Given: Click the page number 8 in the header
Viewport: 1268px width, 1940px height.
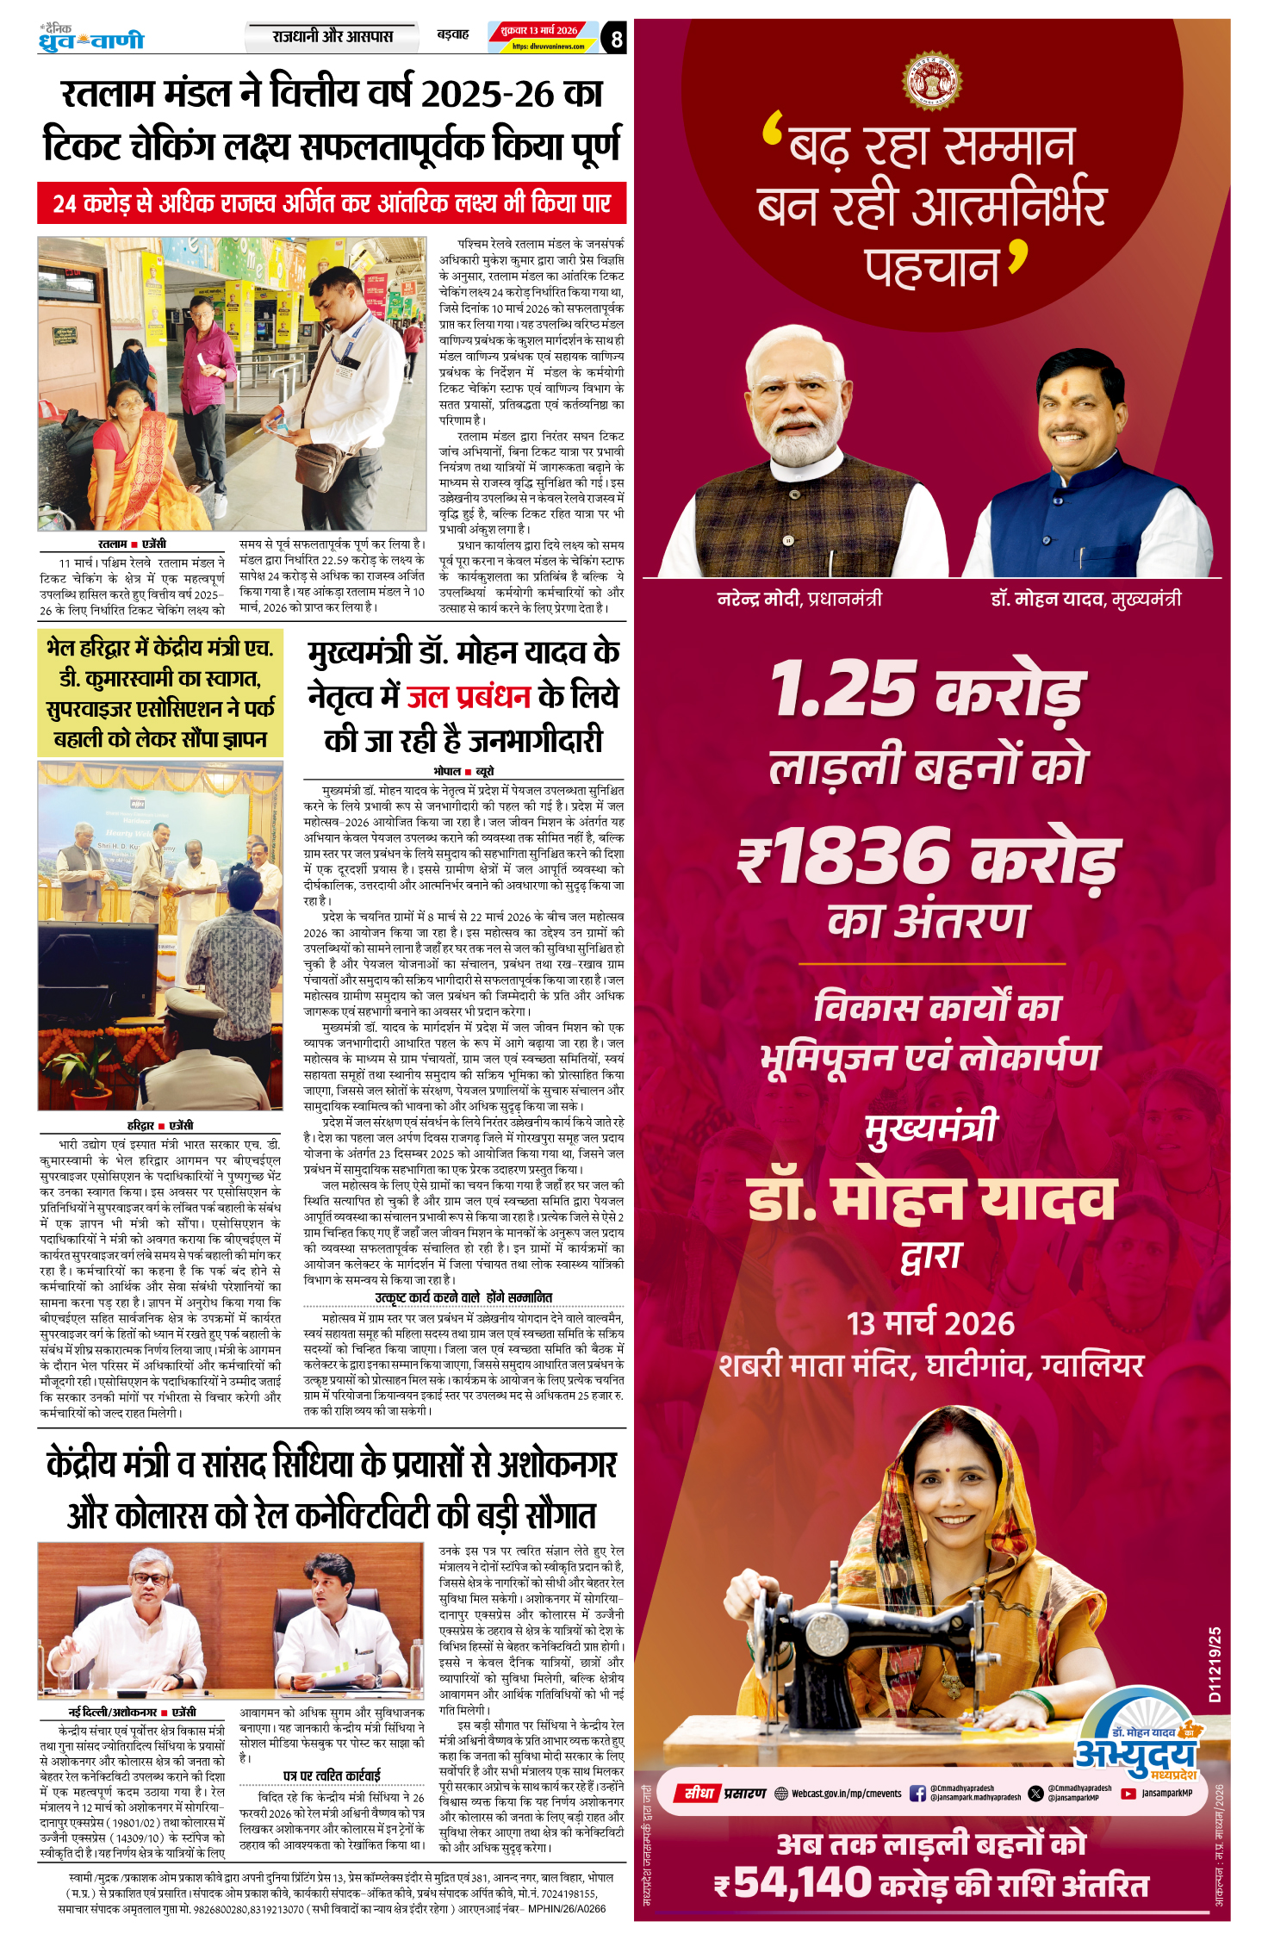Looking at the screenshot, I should pyautogui.click(x=615, y=39).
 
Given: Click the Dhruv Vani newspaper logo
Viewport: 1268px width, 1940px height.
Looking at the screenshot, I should pyautogui.click(x=91, y=39).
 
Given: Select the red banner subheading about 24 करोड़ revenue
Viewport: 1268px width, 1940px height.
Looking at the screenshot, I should pyautogui.click(x=332, y=203).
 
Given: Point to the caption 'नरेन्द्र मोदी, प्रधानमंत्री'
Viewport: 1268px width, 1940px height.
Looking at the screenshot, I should pyautogui.click(x=799, y=598).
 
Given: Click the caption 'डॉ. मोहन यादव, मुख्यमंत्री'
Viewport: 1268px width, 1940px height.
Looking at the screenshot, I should pyautogui.click(x=1085, y=598).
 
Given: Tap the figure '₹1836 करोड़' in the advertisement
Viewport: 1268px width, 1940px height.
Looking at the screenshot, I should pyautogui.click(x=929, y=857).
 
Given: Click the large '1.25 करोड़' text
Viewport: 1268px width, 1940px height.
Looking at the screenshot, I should pyautogui.click(x=927, y=689).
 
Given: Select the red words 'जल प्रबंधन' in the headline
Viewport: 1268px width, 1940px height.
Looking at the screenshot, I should pyautogui.click(x=468, y=696).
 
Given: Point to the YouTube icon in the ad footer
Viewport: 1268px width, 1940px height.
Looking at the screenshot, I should pyautogui.click(x=1128, y=1794).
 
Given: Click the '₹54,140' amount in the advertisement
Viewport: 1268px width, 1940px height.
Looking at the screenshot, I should pyautogui.click(x=792, y=1882).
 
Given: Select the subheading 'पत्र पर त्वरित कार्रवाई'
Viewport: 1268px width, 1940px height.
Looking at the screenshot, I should pyautogui.click(x=332, y=1775).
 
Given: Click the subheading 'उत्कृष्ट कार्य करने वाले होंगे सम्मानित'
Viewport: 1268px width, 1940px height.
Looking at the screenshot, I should pyautogui.click(x=463, y=1297).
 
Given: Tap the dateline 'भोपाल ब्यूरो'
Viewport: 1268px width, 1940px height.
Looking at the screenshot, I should pyautogui.click(x=463, y=771).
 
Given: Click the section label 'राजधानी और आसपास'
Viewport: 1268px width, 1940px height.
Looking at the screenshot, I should pyautogui.click(x=333, y=37).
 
